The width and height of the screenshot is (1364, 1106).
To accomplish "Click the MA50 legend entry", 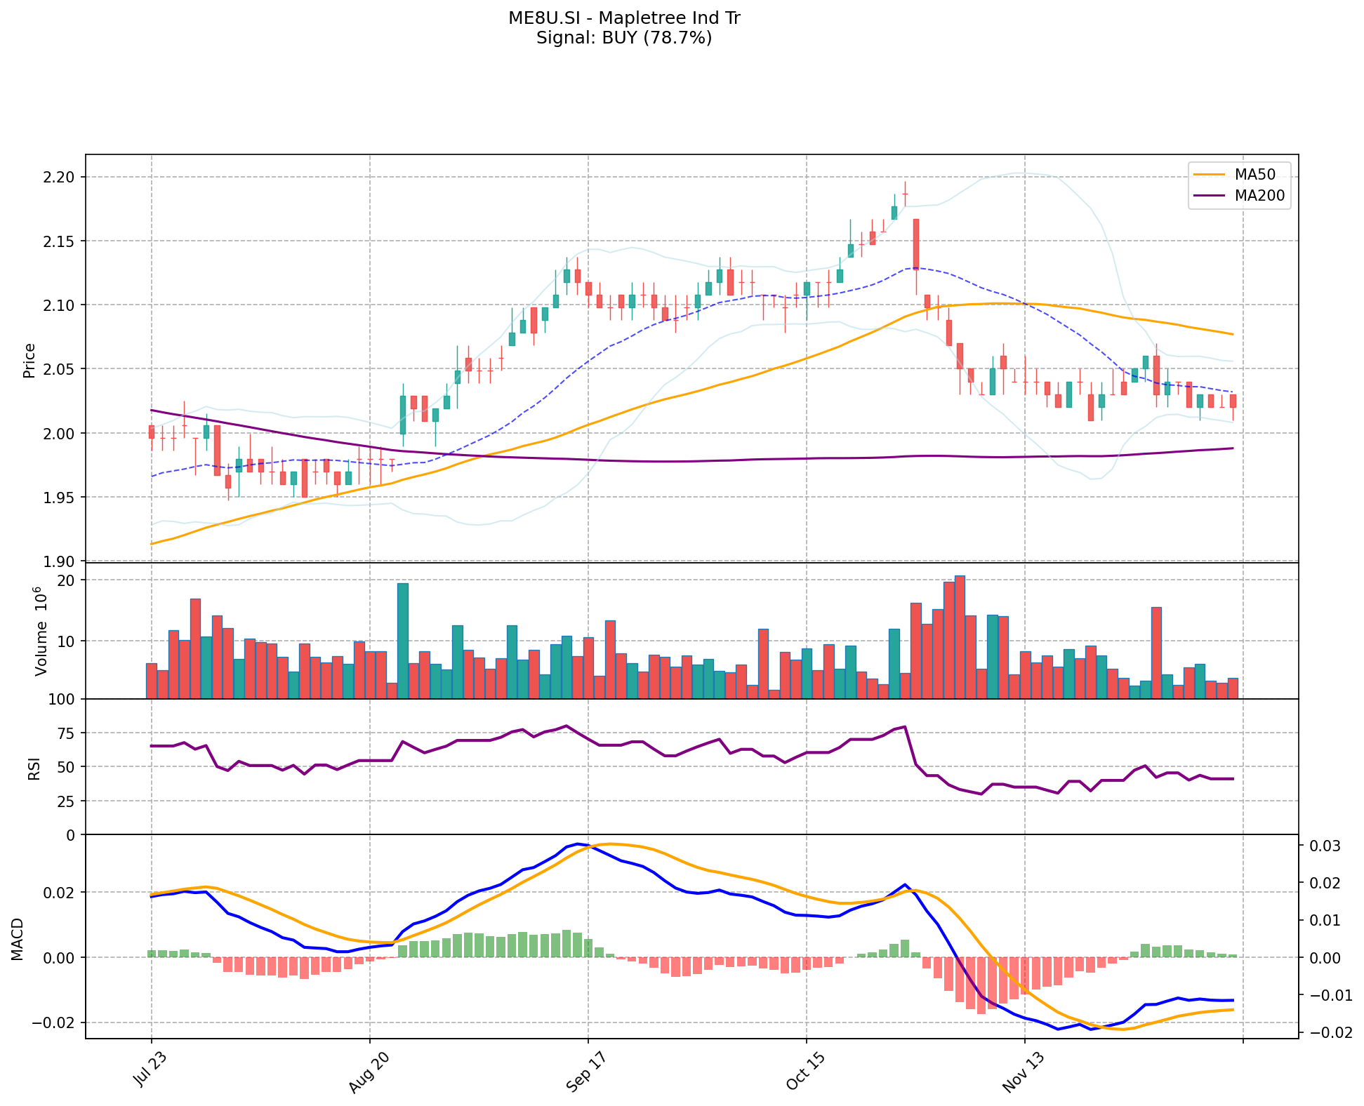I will point(1255,174).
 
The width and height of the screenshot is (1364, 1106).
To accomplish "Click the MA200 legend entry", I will point(1259,196).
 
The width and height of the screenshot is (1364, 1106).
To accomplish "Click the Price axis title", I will point(29,361).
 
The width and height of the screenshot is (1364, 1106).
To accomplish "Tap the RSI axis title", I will point(34,768).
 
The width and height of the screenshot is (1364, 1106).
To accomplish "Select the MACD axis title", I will point(18,939).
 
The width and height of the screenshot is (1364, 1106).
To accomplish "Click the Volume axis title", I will point(40,632).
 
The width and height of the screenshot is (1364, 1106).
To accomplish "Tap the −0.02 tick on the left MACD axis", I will point(54,1022).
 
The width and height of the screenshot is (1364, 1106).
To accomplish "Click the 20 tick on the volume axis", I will point(66,580).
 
